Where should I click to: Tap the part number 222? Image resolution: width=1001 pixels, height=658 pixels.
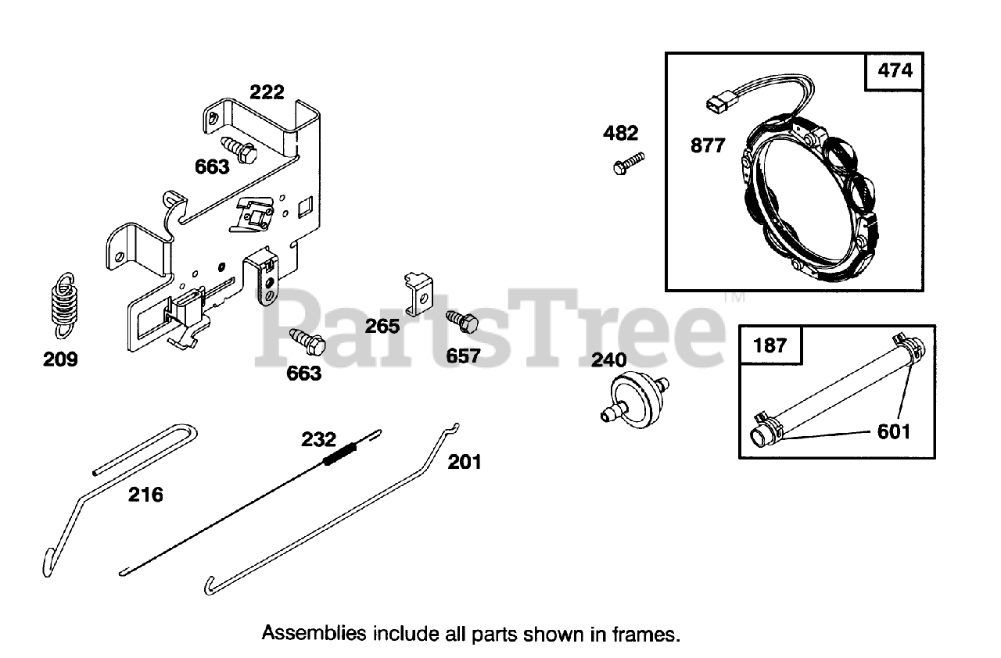click(x=267, y=92)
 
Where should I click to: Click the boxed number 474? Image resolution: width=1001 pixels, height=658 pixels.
click(x=895, y=71)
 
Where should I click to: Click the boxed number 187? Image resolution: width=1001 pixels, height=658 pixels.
click(x=770, y=345)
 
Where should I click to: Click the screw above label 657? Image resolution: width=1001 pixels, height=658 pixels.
click(x=461, y=323)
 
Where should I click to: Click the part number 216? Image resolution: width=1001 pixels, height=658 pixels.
click(x=146, y=494)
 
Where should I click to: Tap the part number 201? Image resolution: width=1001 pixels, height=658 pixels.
click(x=465, y=462)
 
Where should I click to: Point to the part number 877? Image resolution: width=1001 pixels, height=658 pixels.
click(x=709, y=145)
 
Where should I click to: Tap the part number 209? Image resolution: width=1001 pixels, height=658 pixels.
click(x=60, y=359)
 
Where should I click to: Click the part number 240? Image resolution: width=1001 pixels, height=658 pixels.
click(x=609, y=359)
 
